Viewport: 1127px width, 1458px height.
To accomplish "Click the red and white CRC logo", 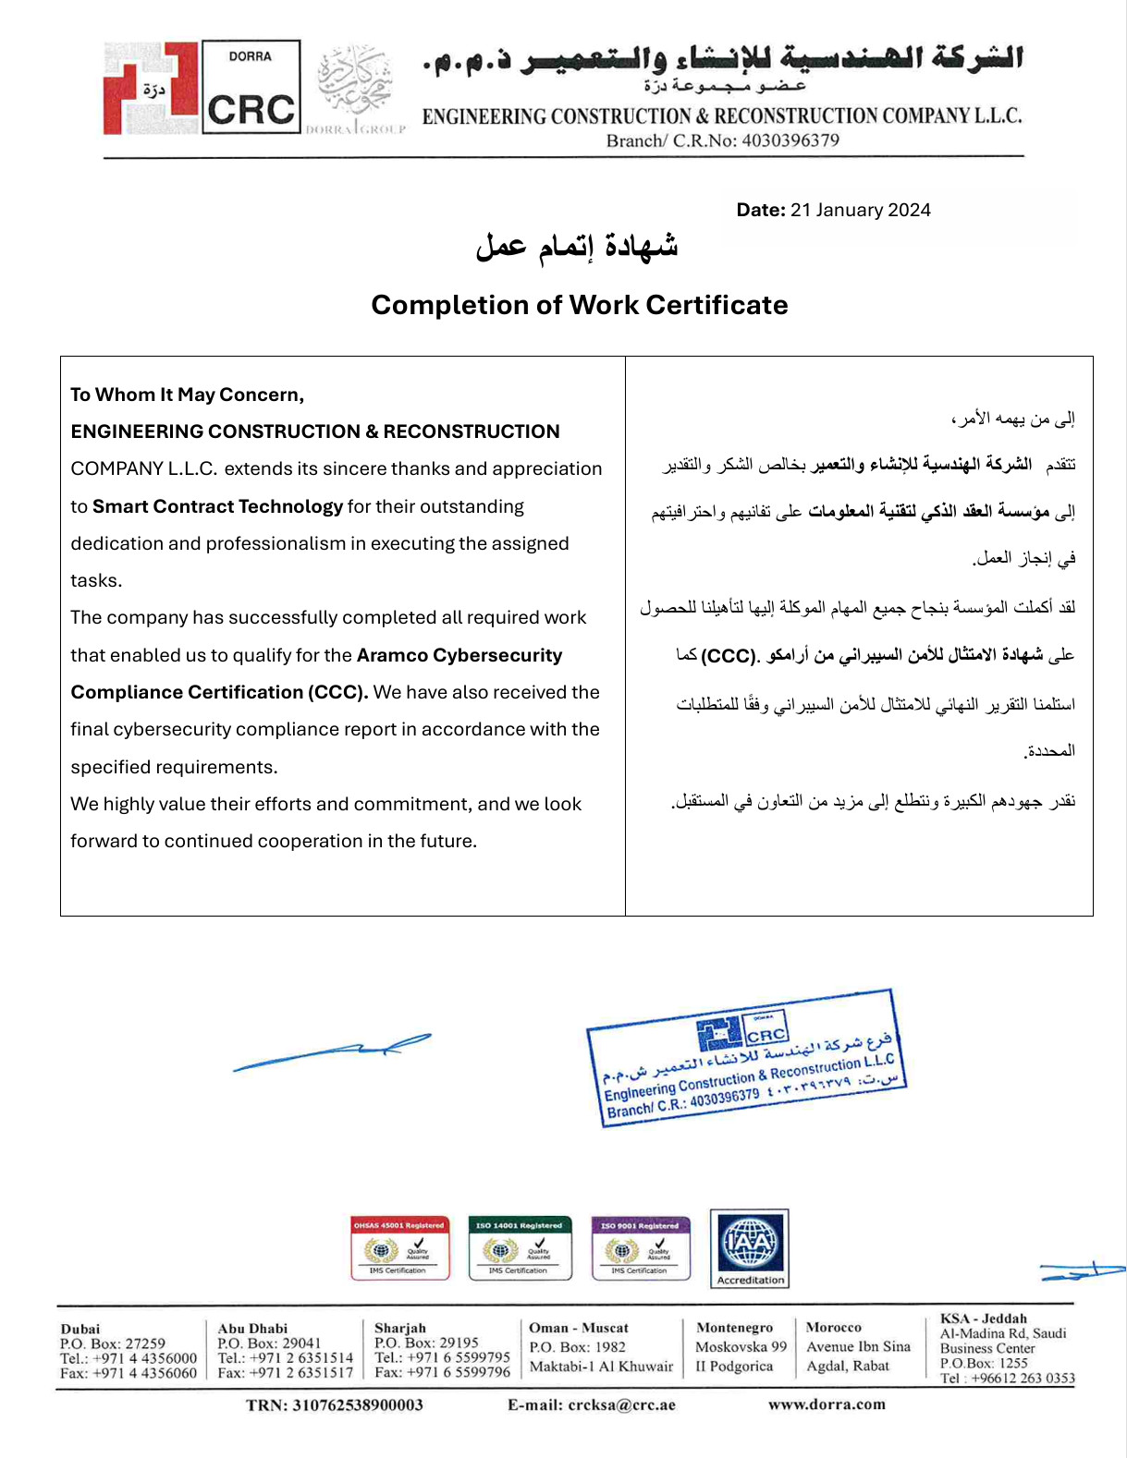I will pos(202,89).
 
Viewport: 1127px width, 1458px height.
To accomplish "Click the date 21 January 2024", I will pos(860,210).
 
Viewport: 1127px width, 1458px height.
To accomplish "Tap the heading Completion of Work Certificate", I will pos(580,305).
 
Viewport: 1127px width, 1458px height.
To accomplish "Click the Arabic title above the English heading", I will pos(577,247).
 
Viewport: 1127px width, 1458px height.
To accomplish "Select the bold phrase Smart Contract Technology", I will pos(217,506).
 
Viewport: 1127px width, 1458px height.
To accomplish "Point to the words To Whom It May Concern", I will pos(187,395).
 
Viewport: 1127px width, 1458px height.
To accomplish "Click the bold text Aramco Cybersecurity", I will pos(459,655).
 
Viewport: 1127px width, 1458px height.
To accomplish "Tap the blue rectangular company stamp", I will pos(747,1057).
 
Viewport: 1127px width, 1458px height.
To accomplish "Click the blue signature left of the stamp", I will pos(332,1052).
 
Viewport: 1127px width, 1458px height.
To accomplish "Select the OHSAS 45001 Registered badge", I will pos(399,1247).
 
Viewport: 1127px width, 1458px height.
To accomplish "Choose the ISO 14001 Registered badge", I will pos(520,1247).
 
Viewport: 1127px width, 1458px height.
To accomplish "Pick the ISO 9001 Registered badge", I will pos(640,1247).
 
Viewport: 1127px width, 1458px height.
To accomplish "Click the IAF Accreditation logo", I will pos(750,1247).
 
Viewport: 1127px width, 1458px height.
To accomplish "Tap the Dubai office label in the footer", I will pos(80,1329).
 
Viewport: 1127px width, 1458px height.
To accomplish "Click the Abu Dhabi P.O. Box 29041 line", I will pos(269,1343).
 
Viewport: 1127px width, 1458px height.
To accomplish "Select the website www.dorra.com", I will pos(827,1404).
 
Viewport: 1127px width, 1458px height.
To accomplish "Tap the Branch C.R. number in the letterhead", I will pos(722,140).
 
